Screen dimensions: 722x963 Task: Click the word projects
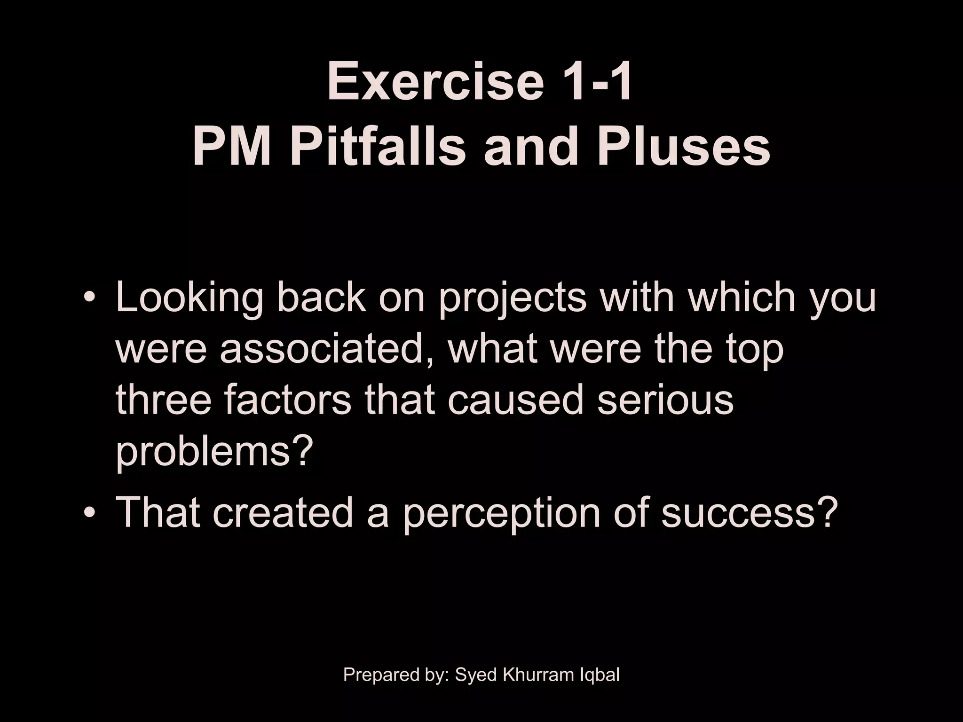coord(513,298)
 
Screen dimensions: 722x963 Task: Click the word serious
coord(665,400)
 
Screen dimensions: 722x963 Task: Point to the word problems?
coord(214,451)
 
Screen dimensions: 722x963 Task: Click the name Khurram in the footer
coord(534,675)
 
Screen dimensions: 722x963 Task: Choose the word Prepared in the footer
coord(374,675)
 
